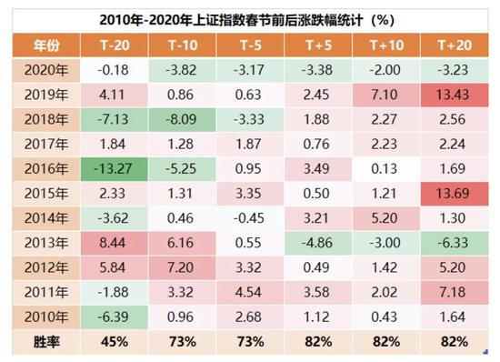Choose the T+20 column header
(451, 45)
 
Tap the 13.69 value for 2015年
(451, 194)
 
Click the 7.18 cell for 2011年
(451, 292)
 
